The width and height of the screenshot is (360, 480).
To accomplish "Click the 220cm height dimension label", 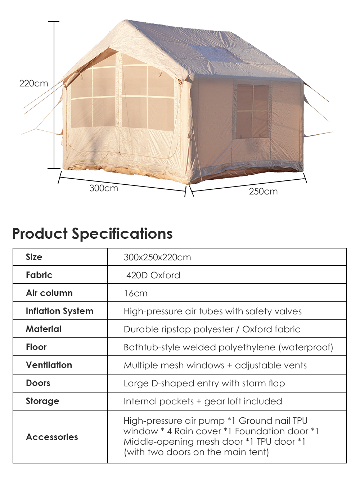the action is [x=34, y=84].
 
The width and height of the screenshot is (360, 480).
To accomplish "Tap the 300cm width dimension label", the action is [x=104, y=188].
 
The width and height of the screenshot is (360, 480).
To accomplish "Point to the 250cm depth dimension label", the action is [x=263, y=192].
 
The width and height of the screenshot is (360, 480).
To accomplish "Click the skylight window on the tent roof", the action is [x=216, y=54].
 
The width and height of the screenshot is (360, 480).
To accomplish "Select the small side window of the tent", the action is [x=253, y=111].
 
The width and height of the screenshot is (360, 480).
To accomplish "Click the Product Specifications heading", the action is [x=93, y=234].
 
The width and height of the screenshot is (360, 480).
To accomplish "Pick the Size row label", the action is [x=34, y=257].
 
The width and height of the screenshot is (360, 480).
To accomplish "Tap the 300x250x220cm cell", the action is [x=157, y=257].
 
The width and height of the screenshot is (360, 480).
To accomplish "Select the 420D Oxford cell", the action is [x=153, y=275].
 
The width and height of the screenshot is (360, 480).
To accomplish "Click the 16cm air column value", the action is [x=135, y=293].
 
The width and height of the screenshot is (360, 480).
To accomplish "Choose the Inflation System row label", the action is [x=59, y=311].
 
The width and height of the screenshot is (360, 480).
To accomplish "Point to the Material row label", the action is [x=44, y=329].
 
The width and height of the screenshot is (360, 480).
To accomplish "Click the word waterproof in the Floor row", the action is [x=306, y=347].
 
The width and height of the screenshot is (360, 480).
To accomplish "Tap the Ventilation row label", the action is [x=49, y=365].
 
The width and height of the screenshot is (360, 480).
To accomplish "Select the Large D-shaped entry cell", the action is [x=204, y=383].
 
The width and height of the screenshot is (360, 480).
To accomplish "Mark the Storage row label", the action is [x=42, y=401].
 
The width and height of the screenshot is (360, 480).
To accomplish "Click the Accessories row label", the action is [x=52, y=437].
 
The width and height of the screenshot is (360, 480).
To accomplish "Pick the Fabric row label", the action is [x=39, y=275].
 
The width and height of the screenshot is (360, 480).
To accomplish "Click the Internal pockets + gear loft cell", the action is [x=203, y=402].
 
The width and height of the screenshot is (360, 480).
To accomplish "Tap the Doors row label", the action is [x=38, y=383].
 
